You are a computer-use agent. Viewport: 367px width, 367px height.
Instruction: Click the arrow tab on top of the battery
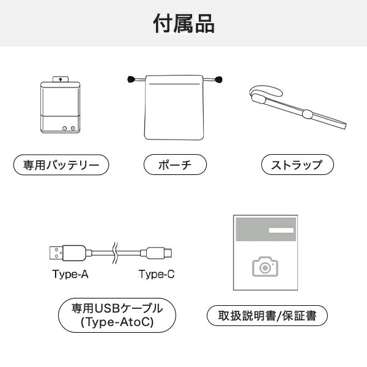pyautogui.click(x=61, y=79)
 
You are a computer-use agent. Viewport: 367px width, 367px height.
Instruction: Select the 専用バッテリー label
pyautogui.click(x=61, y=165)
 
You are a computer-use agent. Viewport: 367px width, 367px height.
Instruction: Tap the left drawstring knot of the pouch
pyautogui.click(x=130, y=79)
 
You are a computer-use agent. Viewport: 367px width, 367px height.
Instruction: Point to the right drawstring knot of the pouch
pyautogui.click(x=218, y=79)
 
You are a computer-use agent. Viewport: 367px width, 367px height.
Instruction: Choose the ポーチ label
pyautogui.click(x=175, y=165)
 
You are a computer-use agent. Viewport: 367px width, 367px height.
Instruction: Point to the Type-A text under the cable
pyautogui.click(x=70, y=274)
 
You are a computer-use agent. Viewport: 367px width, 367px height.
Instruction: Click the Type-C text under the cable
pyautogui.click(x=157, y=274)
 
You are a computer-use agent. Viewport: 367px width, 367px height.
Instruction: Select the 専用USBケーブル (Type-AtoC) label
pyautogui.click(x=116, y=314)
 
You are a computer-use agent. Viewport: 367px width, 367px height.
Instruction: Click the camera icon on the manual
pyautogui.click(x=265, y=266)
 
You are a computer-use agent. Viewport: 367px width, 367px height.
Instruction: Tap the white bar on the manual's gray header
pyautogui.click(x=281, y=229)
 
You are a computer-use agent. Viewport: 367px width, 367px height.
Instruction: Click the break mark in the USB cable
pyautogui.click(x=114, y=252)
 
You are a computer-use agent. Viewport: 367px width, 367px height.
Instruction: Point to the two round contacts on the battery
pyautogui.click(x=68, y=128)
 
